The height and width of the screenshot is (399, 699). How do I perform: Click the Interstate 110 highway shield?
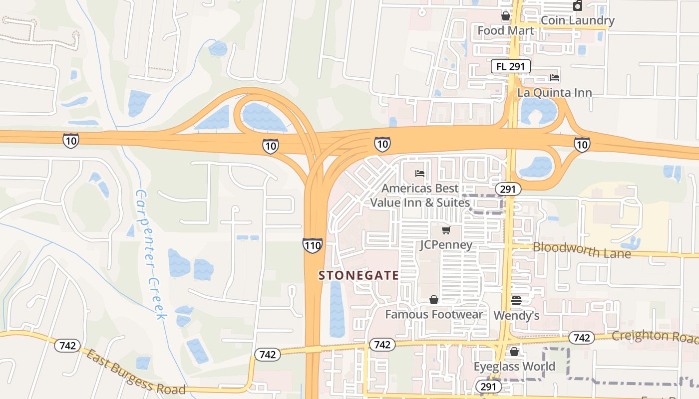312,245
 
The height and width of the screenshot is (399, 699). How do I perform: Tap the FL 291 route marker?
510,66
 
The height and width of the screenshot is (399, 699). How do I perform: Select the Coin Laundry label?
577,20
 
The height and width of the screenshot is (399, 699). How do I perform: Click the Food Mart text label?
505,31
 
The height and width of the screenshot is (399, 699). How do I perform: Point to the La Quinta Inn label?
554,93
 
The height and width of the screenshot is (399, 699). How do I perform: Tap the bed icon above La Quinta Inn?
554,78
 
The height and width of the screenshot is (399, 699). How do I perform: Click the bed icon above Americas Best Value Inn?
420,174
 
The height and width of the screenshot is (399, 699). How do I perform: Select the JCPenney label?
446,245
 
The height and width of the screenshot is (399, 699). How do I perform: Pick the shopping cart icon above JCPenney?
446,230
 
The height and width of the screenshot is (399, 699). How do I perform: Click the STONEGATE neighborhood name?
358,275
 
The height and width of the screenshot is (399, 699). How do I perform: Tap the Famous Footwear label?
434,314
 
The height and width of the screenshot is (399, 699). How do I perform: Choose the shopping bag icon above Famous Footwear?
434,300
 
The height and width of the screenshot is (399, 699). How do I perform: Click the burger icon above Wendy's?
516,301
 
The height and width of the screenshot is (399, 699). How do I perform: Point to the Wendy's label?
516,316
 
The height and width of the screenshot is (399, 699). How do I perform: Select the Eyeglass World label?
514,367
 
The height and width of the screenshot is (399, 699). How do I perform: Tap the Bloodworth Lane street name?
582,250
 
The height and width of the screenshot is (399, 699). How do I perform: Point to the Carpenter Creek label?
150,254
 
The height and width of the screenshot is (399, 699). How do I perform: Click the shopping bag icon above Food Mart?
506,16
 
